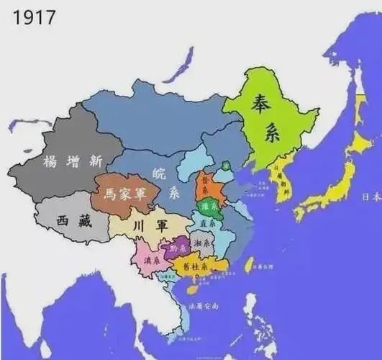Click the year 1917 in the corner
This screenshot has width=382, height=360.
[x=33, y=15]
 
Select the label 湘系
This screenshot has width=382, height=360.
[x=202, y=244]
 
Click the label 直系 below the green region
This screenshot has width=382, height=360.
[x=209, y=224]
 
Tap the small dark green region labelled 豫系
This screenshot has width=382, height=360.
[x=209, y=207]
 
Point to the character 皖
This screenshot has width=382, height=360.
[x=159, y=172]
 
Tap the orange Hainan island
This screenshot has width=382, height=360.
[x=192, y=289]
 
